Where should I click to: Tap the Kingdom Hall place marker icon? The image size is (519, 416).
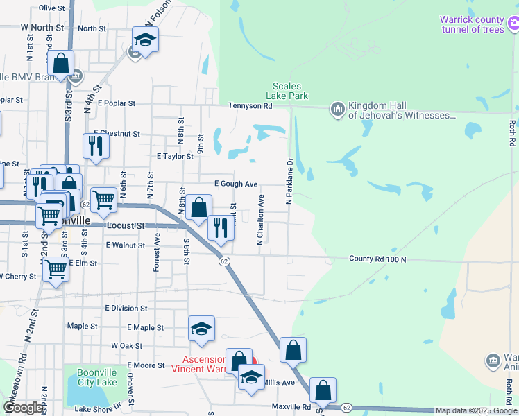pos(338,108)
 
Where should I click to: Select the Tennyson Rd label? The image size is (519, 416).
pos(250,106)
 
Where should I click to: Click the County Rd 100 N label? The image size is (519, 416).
pos(377,259)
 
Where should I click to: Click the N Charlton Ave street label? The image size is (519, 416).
pos(261,219)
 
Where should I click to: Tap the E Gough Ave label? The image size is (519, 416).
pos(236,184)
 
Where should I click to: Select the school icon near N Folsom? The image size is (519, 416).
pos(146,39)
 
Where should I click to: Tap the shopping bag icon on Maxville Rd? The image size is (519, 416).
pos(323,390)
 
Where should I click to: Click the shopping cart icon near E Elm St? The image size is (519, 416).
pos(56,269)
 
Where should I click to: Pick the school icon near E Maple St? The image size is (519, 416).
pos(201,329)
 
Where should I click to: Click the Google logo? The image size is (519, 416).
pos(24,408)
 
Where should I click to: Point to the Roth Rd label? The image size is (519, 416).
pos(511,133)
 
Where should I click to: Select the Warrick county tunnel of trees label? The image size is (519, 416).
pos(472,24)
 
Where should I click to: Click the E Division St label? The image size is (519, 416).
pos(126,308)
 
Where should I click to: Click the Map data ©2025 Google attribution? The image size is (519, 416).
pos(477,410)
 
